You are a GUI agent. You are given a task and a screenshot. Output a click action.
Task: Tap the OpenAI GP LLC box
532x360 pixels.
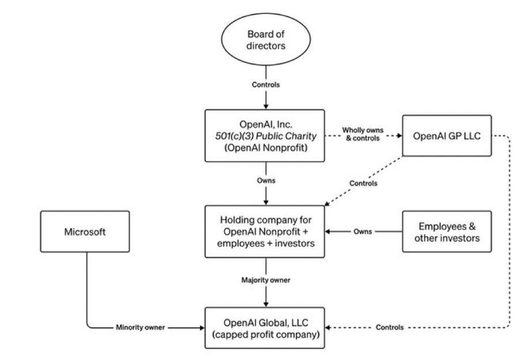pos(447,136)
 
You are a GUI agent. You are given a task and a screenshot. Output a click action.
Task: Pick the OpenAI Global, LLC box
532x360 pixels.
pos(266,327)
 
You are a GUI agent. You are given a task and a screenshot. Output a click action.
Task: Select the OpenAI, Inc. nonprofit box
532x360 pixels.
pos(266,136)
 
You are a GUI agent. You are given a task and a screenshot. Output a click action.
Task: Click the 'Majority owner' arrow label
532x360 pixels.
pos(266,280)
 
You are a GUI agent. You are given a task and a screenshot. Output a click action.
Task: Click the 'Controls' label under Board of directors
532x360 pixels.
pos(266,85)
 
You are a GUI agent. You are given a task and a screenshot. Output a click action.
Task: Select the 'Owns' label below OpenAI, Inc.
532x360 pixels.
pos(266,180)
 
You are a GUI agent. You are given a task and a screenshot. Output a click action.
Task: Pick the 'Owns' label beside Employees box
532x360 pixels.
pos(363,232)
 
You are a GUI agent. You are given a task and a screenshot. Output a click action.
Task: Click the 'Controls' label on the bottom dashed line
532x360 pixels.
pos(390,327)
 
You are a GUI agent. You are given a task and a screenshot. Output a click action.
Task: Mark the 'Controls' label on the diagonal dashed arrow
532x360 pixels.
pos(363,183)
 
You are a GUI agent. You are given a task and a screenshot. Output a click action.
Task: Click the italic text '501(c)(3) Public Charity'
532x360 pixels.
pos(266,136)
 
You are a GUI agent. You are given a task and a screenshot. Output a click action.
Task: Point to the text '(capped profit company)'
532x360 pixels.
pos(266,334)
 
